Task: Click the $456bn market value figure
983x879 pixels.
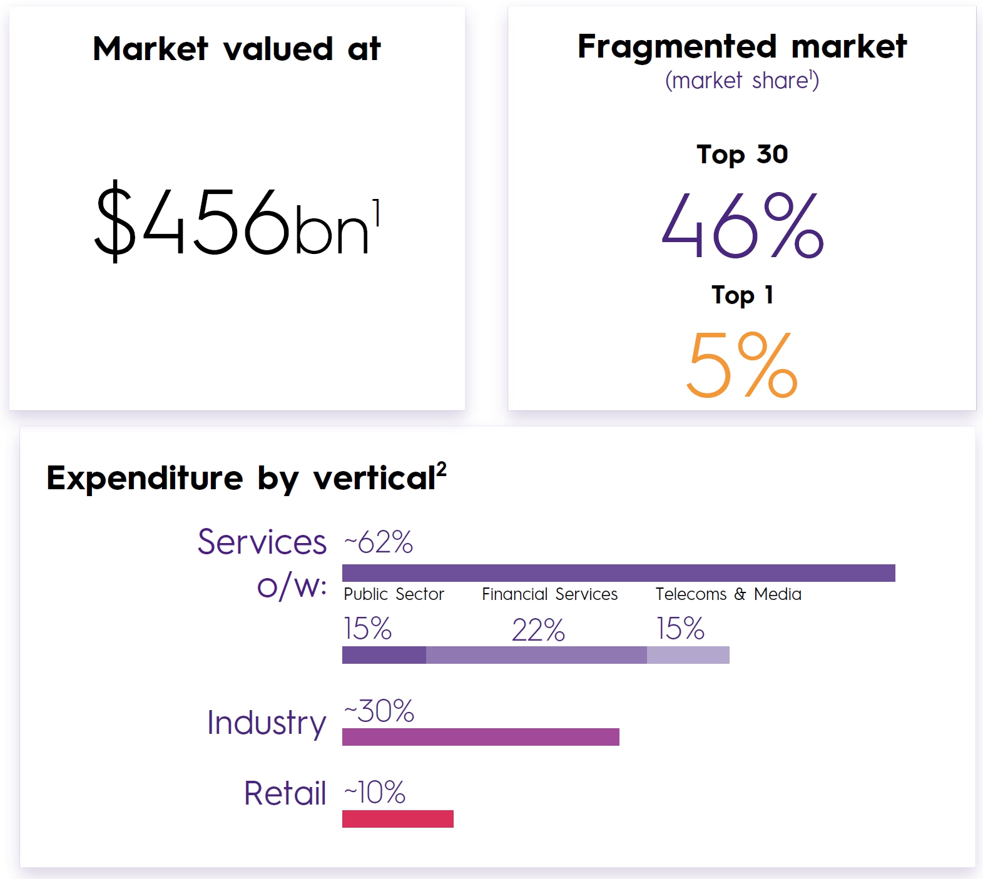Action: tap(237, 223)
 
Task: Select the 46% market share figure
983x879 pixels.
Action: tap(742, 226)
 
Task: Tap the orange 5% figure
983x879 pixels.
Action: tap(742, 365)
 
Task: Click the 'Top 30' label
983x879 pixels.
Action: tap(742, 155)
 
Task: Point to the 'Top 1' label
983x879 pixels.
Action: tap(742, 295)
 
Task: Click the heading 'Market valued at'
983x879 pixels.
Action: tap(237, 49)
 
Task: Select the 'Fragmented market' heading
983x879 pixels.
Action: tap(742, 47)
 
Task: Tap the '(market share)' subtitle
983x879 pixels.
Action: tap(742, 81)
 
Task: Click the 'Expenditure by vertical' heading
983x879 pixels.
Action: tap(247, 478)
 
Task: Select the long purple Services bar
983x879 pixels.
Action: tap(618, 573)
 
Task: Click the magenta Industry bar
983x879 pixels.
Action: tap(481, 737)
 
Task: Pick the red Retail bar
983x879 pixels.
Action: tap(398, 819)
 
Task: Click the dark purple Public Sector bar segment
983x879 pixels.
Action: tap(384, 655)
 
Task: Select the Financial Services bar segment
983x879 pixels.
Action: tap(536, 655)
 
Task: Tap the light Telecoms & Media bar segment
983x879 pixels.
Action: tap(688, 655)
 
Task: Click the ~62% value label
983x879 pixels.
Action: tap(379, 542)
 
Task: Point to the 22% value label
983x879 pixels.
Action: tap(538, 630)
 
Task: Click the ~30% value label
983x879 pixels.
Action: tap(379, 711)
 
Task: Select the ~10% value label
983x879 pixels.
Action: tap(375, 793)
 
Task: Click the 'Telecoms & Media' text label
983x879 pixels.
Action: tap(728, 594)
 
